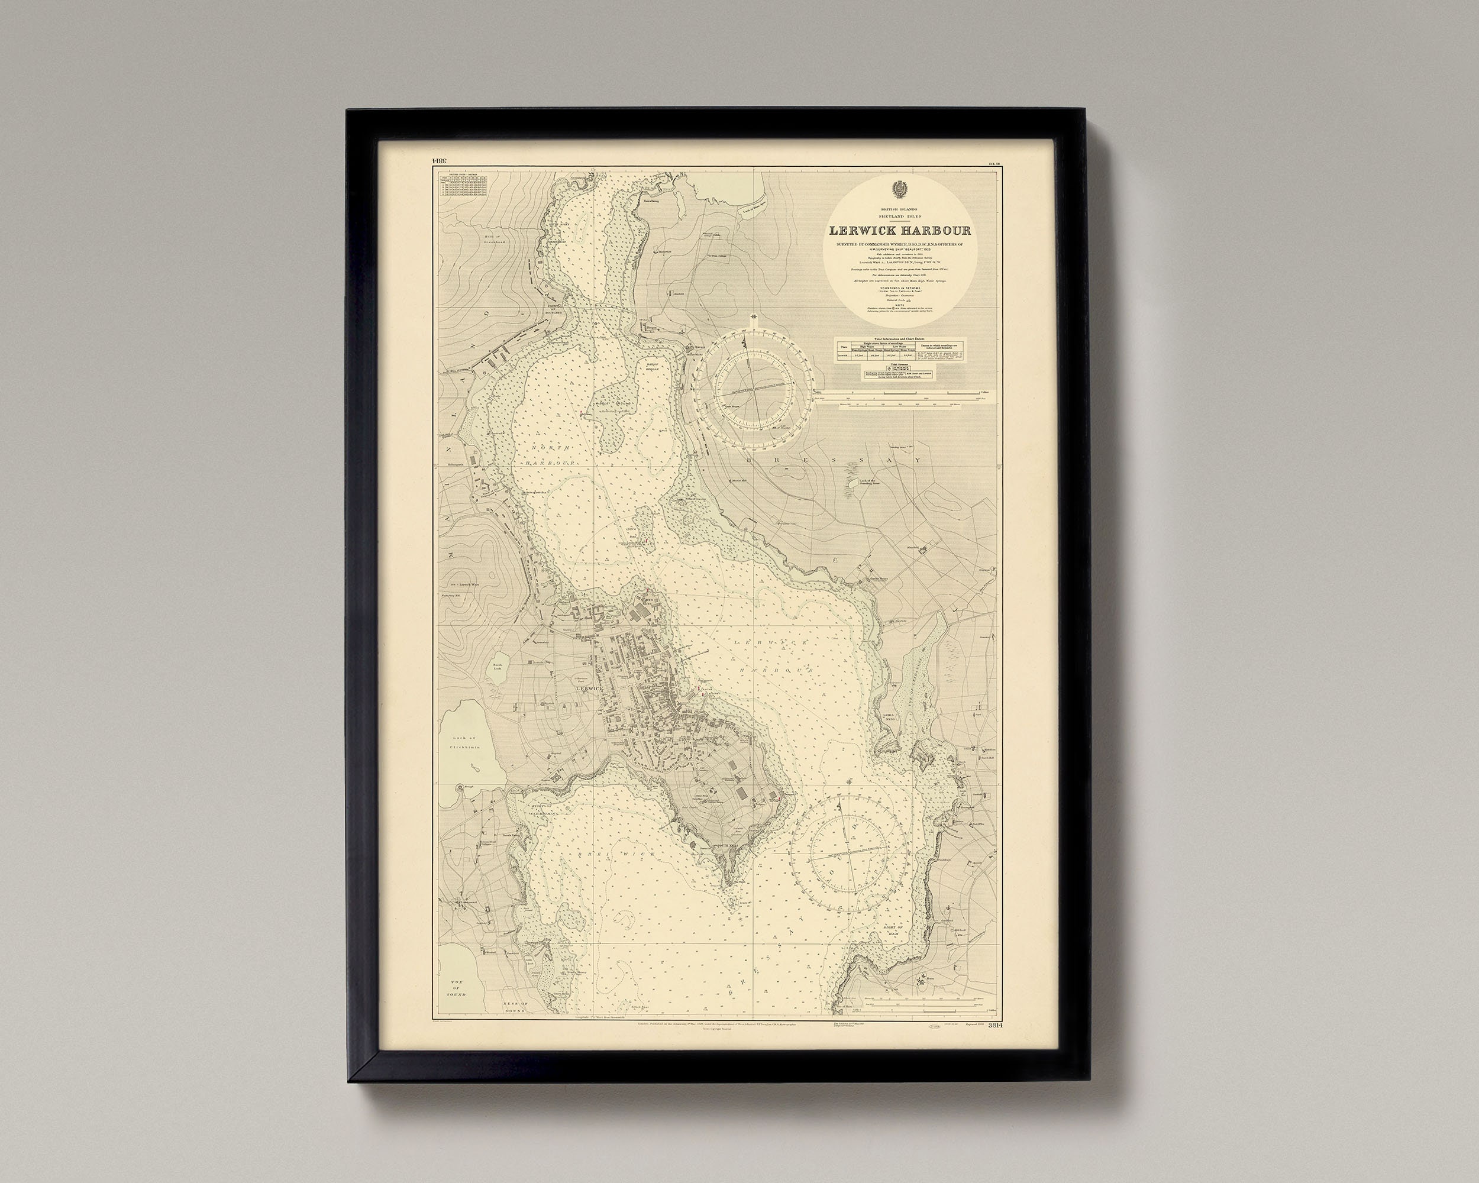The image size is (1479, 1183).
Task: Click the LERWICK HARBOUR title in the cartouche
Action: click(899, 231)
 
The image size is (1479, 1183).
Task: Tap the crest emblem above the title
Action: click(899, 190)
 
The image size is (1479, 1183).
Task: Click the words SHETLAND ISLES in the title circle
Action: click(899, 215)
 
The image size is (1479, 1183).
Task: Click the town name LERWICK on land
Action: click(589, 687)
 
